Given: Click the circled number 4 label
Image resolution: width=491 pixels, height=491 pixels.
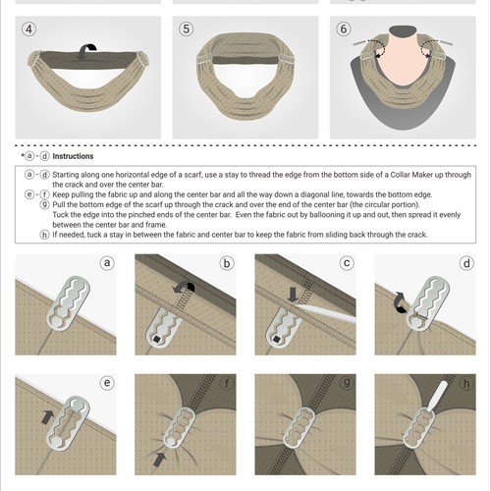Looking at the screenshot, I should point(31,29).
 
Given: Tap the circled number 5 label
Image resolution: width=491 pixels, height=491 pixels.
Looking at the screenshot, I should point(187,29).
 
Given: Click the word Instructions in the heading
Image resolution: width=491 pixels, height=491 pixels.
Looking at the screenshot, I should point(74,155).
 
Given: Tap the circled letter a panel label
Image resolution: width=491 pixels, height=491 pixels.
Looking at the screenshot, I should point(108,262).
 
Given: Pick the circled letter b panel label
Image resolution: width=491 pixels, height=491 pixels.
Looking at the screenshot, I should point(227,262).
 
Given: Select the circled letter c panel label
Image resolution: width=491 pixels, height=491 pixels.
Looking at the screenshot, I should point(346,262).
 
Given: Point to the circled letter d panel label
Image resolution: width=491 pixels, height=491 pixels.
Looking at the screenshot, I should point(465,262).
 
